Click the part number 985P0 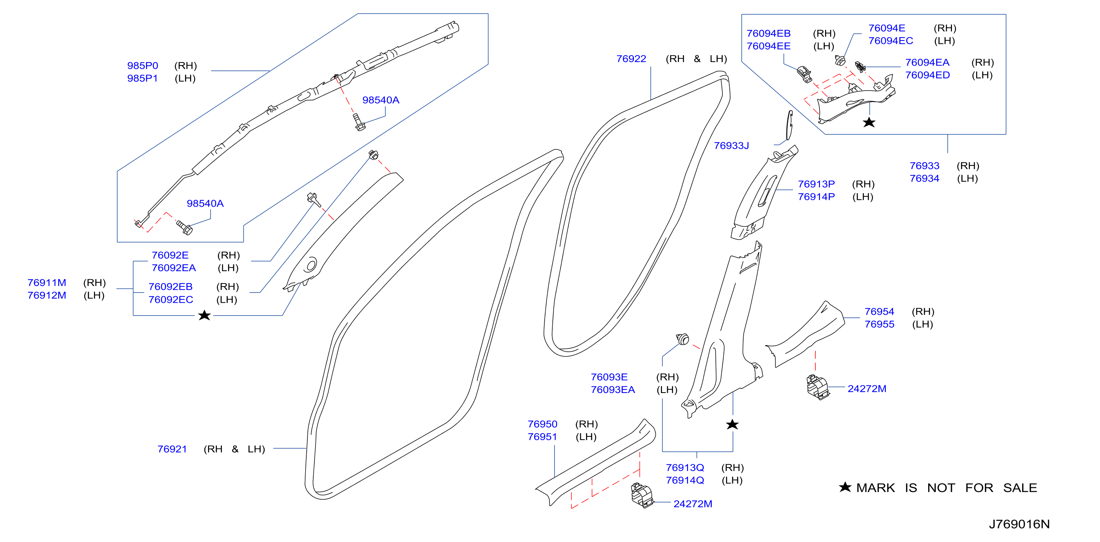143,66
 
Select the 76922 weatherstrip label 631,59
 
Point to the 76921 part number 172,449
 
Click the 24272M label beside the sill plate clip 693,504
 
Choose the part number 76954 879,312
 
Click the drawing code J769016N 1019,524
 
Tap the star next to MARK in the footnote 845,487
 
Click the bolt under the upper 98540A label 359,122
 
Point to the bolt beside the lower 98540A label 185,228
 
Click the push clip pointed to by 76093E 683,339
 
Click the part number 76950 542,424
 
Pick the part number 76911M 46,283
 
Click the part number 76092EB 170,287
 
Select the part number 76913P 816,184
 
